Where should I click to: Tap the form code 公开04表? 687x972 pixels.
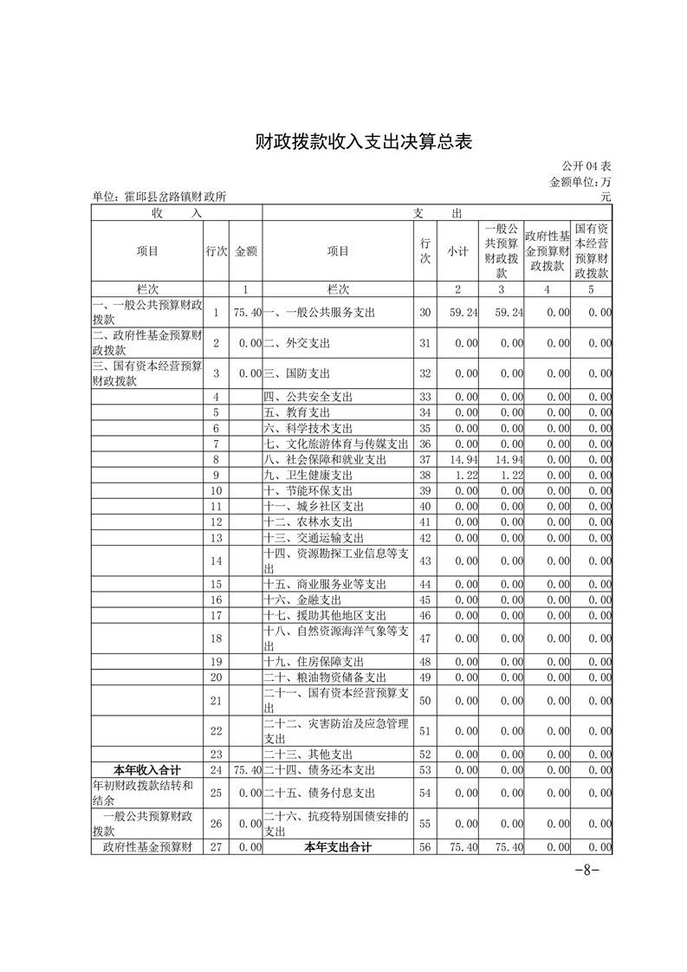pos(586,165)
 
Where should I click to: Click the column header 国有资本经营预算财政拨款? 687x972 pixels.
pos(591,250)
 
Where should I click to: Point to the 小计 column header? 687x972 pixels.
pos(457,251)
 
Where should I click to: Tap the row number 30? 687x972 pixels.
pos(425,312)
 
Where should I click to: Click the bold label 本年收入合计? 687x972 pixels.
pos(147,769)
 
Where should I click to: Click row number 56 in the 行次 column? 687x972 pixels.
pos(425,847)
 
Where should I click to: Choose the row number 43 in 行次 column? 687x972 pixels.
pos(425,561)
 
